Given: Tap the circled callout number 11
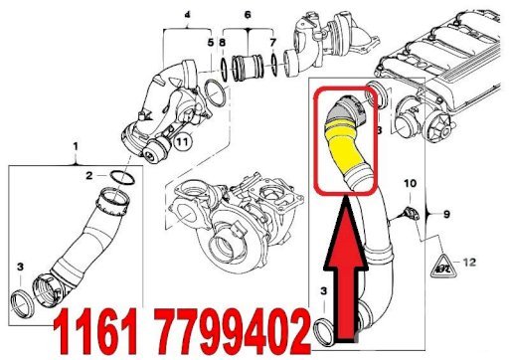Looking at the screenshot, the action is tap(182, 142).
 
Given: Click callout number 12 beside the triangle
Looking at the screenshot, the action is tap(469, 263).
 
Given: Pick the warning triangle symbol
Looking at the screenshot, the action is tap(443, 266).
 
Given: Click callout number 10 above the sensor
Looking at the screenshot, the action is tap(410, 183).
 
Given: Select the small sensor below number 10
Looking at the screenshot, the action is tap(411, 213).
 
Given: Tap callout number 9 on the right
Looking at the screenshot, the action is tap(446, 214).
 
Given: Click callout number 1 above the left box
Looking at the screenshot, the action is tap(76, 146).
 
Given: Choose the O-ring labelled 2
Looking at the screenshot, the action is tap(122, 178).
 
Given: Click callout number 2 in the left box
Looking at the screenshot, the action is tap(89, 175).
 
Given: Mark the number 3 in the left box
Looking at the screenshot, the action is tap(21, 267).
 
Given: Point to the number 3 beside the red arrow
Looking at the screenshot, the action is tap(323, 291).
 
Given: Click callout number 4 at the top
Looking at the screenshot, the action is tap(188, 15).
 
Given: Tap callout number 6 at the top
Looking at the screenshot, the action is tap(248, 15).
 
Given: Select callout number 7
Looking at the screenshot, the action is tap(272, 43).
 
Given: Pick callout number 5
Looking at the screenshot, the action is tap(211, 43).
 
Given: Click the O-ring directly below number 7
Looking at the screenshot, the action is tap(275, 64).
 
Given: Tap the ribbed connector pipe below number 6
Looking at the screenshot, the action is tap(248, 68).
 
